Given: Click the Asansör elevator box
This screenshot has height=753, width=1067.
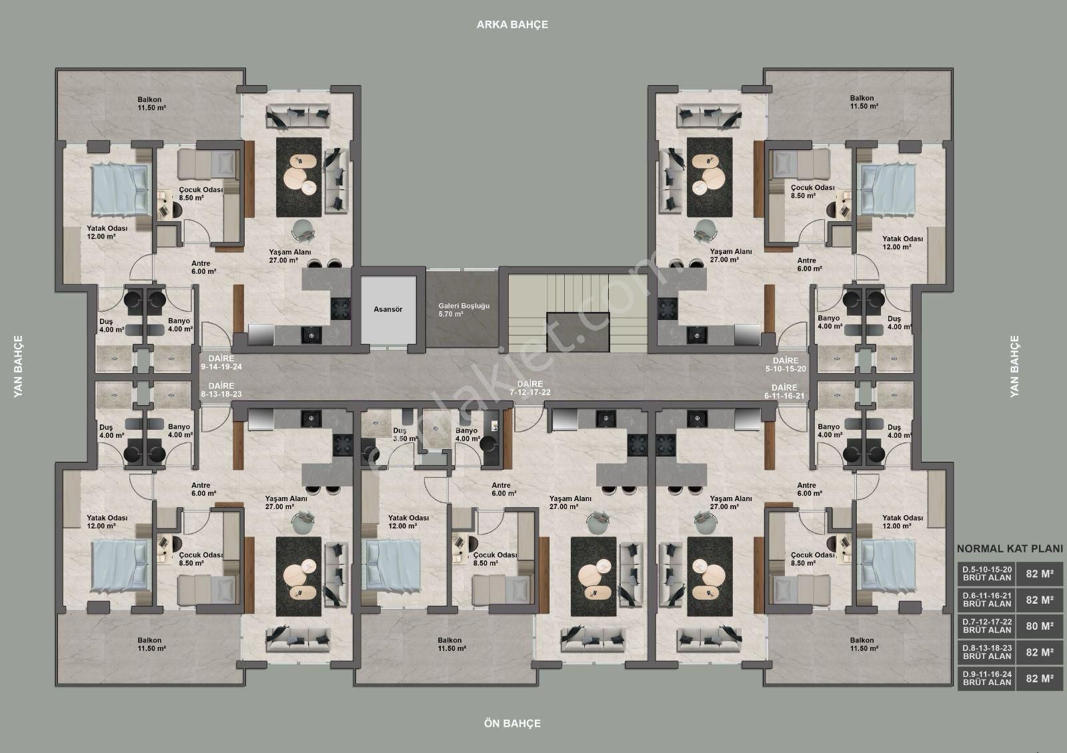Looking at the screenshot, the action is [x=388, y=310].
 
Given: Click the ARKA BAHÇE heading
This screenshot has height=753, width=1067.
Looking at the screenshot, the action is [x=513, y=25].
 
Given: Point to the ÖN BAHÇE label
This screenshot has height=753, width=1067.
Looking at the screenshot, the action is [x=513, y=724].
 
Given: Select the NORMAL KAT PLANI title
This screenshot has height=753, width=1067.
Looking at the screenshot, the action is [x=1010, y=549].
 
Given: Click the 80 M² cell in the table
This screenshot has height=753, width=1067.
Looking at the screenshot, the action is [x=1040, y=626].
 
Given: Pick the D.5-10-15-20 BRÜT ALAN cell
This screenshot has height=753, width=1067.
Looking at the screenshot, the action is [x=986, y=574].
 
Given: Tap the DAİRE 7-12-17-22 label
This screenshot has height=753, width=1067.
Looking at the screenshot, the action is [x=529, y=388].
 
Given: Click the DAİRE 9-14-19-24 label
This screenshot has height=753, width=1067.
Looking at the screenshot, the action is [x=221, y=363].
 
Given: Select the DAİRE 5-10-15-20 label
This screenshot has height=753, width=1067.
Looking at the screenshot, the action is [x=786, y=365].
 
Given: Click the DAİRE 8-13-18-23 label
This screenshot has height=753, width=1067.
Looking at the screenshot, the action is [x=221, y=390].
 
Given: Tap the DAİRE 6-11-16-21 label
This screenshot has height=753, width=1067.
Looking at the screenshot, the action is [x=784, y=392].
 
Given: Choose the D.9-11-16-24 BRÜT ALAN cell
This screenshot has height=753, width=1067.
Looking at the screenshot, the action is [x=986, y=678].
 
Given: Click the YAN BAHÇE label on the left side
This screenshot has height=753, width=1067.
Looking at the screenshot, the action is [x=18, y=367].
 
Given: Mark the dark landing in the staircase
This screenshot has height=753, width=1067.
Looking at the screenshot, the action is [x=578, y=332].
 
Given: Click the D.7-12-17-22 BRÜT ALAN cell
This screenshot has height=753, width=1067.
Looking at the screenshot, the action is [x=986, y=626].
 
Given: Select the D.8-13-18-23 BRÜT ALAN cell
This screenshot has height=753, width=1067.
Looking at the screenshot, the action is [x=986, y=652].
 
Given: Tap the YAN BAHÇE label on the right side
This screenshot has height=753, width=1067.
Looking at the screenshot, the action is [x=1014, y=367].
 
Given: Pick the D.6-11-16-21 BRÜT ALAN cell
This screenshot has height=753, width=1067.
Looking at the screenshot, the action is [x=986, y=600].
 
